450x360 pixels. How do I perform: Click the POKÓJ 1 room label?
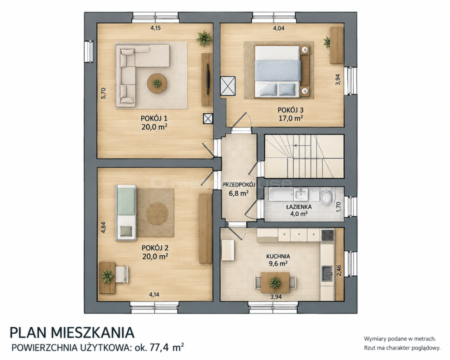point(154,118)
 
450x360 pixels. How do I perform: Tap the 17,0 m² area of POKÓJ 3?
point(291,118)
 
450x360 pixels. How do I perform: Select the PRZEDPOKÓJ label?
point(239,185)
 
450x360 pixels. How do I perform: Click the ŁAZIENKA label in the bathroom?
point(299,207)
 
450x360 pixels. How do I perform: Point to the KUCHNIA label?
point(278,256)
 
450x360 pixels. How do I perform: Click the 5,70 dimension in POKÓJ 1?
point(104,93)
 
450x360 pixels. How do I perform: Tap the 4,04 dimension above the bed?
point(279,28)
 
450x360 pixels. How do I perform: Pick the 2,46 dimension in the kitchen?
point(339,270)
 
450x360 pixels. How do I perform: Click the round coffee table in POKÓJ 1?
point(157,83)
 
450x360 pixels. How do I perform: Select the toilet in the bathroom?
point(326,197)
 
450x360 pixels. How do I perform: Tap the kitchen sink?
point(327,273)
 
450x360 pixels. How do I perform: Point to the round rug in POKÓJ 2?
point(157,213)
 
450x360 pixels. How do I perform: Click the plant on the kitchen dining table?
point(275,283)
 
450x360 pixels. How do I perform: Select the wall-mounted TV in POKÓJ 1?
point(208,79)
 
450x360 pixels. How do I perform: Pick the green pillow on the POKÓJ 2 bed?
point(126,231)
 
